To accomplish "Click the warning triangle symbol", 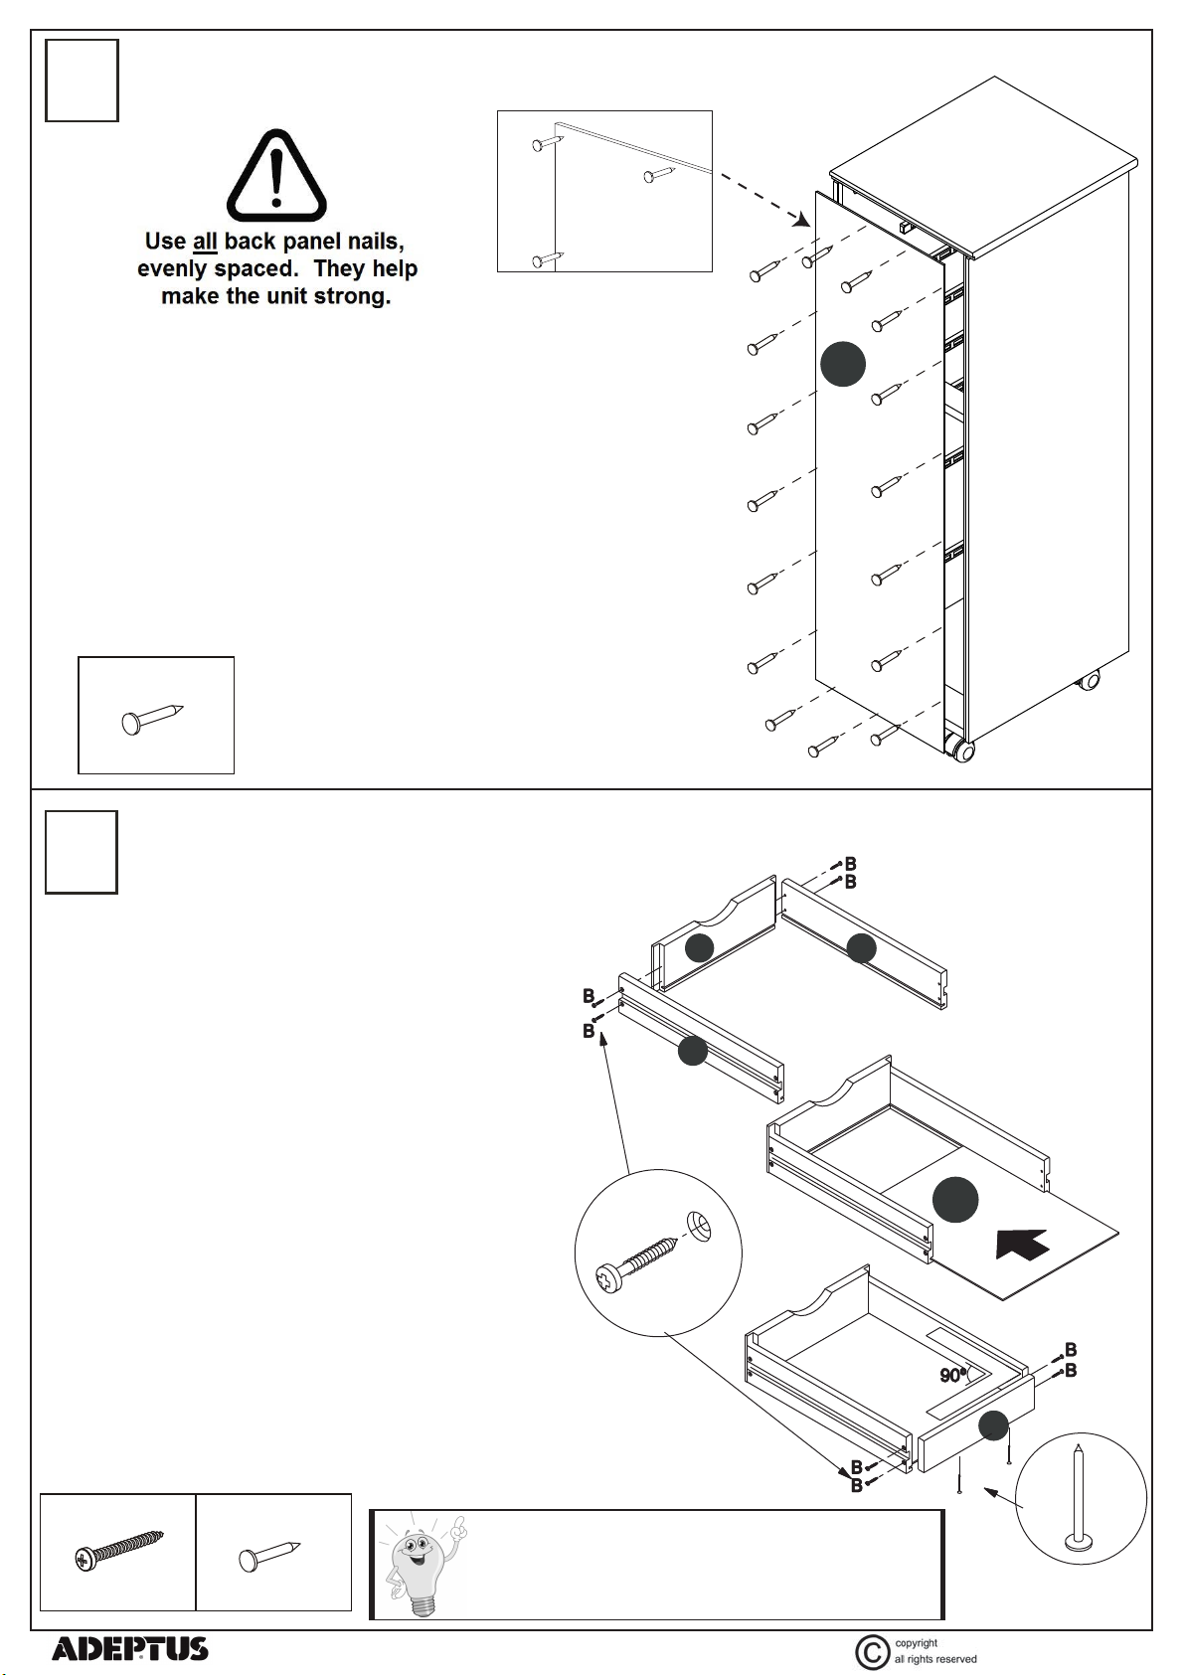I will pyautogui.click(x=276, y=176).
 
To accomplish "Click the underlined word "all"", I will pyautogui.click(x=205, y=242).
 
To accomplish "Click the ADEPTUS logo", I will pyautogui.click(x=129, y=1649).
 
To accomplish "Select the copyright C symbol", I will pyautogui.click(x=872, y=1652).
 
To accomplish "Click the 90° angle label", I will pyautogui.click(x=952, y=1376).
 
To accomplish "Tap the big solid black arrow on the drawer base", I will pyautogui.click(x=1022, y=1243).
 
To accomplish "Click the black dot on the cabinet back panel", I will pyautogui.click(x=843, y=364).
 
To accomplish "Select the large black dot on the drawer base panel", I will pyautogui.click(x=955, y=1200).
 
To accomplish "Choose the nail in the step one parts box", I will pyautogui.click(x=152, y=717).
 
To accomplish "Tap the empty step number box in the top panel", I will pyautogui.click(x=82, y=81).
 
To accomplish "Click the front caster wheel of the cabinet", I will pyautogui.click(x=960, y=749).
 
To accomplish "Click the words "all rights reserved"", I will pyautogui.click(x=935, y=1659).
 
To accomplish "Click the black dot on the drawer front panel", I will pyautogui.click(x=993, y=1424).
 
